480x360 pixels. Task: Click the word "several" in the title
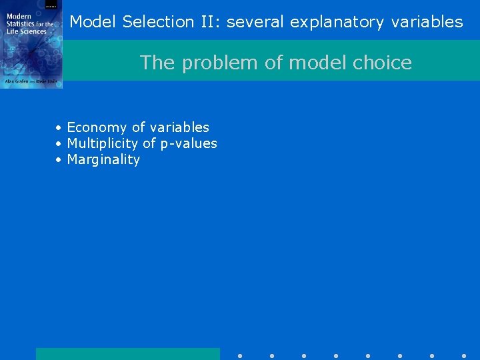point(256,22)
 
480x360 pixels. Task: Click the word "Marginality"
point(103,159)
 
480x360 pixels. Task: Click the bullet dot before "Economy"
point(59,127)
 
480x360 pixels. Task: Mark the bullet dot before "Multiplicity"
point(59,143)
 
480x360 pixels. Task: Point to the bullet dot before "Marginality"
point(59,160)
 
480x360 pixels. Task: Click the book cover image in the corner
point(31,44)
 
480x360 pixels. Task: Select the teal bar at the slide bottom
point(127,353)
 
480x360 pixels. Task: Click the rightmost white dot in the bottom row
point(464,356)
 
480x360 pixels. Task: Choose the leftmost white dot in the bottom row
point(240,356)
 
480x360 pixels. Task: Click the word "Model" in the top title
point(93,22)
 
